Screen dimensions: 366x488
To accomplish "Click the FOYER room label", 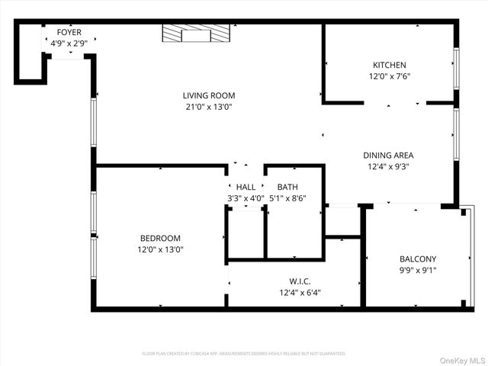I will pos(69,32).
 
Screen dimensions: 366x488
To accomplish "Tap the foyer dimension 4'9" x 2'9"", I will pos(69,43).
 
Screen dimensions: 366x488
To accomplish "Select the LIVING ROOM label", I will pos(208,95).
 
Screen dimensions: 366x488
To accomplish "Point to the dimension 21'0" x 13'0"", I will pos(208,107).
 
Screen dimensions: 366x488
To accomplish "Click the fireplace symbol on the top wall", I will pos(196,34).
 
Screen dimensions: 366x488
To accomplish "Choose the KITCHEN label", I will pos(389,65).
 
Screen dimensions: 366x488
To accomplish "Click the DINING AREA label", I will pos(388,155).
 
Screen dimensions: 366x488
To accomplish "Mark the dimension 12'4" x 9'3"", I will pos(388,167).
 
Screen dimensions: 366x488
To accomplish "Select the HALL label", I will pos(246,187).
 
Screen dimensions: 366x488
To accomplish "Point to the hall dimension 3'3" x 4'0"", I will pos(246,198).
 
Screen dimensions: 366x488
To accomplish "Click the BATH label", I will pos(287,187).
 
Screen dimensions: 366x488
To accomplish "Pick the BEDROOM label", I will pos(160,237).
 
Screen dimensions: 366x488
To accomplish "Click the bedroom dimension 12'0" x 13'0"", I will pos(160,249).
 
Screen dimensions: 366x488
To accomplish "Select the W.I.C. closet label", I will pos(300,281).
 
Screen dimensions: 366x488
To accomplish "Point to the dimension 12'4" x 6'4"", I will pos(300,293).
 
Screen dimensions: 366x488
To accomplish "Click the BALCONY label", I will pos(418,258).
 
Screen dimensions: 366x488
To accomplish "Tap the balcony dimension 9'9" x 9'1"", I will pos(418,270).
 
